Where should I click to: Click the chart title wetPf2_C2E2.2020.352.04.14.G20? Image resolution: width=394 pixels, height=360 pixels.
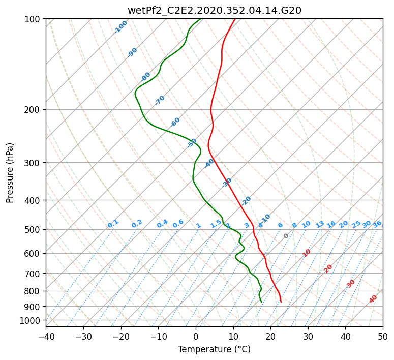coord(214,10)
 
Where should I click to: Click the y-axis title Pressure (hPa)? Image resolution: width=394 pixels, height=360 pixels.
coord(10,173)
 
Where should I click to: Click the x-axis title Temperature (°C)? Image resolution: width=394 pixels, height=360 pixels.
coord(214,350)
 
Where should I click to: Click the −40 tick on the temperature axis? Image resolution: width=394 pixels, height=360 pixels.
coord(46,336)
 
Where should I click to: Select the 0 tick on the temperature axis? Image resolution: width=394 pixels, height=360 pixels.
coord(196,336)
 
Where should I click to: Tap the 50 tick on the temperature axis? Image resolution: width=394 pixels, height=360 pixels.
coord(383,336)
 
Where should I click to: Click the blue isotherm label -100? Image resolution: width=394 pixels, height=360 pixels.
coord(120,26)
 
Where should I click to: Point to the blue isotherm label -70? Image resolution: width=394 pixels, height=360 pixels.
coord(160,100)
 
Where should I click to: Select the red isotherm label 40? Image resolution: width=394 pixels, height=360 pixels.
coord(373,299)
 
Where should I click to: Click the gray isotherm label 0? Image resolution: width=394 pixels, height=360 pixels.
coord(286,236)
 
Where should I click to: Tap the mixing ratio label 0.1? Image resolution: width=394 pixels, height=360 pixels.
coord(113,223)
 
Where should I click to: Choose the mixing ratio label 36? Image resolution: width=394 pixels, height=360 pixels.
coord(377,224)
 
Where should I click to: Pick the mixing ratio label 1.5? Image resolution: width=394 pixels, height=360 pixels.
coord(216,223)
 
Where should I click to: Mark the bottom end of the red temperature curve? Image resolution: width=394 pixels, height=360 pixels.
coord(281,302)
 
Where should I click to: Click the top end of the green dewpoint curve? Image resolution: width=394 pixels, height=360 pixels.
coord(201,19)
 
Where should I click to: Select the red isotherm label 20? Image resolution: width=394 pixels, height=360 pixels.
coord(328,268)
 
